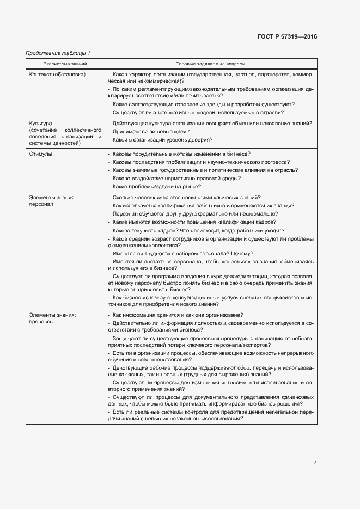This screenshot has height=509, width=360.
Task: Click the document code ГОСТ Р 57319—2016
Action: point(287,37)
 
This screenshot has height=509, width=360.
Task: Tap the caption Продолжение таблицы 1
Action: point(58,53)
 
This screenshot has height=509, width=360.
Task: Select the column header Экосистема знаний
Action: point(65,64)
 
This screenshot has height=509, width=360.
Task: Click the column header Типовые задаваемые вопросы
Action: point(211,64)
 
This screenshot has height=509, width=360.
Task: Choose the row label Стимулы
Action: point(41,154)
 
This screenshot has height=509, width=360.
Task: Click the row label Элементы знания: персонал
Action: point(52,201)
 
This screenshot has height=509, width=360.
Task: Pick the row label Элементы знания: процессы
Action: point(52,318)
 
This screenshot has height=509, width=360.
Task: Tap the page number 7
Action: point(315,463)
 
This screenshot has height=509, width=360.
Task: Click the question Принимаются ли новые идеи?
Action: point(150,131)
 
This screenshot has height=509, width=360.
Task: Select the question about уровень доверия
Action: point(161,140)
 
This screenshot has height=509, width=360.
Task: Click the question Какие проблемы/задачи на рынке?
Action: point(155,186)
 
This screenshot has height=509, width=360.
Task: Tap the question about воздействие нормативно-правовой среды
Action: point(176,178)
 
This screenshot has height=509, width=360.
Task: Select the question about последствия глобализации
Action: point(200,162)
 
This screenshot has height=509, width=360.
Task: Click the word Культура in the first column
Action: point(41,124)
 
